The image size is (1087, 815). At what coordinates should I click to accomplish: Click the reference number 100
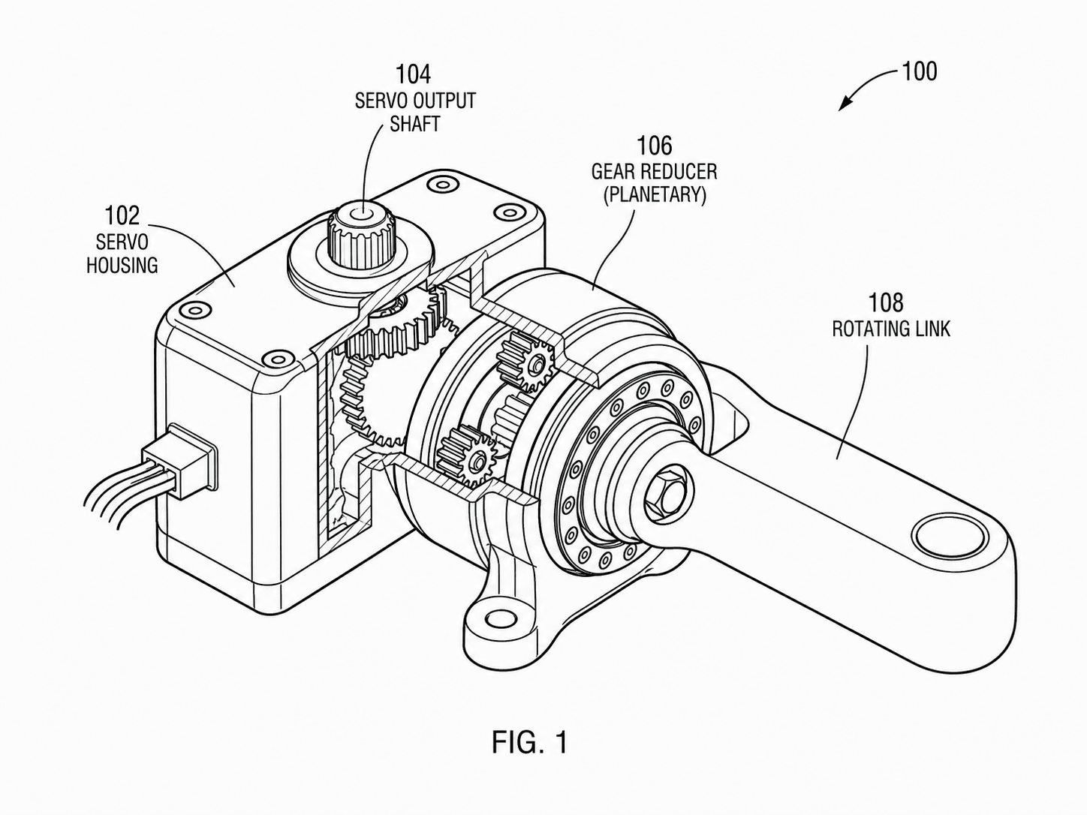[x=920, y=72]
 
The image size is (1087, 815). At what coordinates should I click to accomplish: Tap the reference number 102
[x=122, y=215]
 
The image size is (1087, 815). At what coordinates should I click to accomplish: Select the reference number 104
[x=413, y=74]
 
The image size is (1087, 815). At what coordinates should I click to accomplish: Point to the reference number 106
[x=655, y=146]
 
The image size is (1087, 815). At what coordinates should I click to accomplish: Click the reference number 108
[x=886, y=302]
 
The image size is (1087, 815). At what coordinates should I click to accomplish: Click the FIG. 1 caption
[x=529, y=742]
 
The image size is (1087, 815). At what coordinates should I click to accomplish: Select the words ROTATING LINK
[x=891, y=329]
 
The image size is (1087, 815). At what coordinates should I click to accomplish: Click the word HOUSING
[x=122, y=265]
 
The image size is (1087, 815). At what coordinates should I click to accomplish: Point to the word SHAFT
[x=415, y=124]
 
